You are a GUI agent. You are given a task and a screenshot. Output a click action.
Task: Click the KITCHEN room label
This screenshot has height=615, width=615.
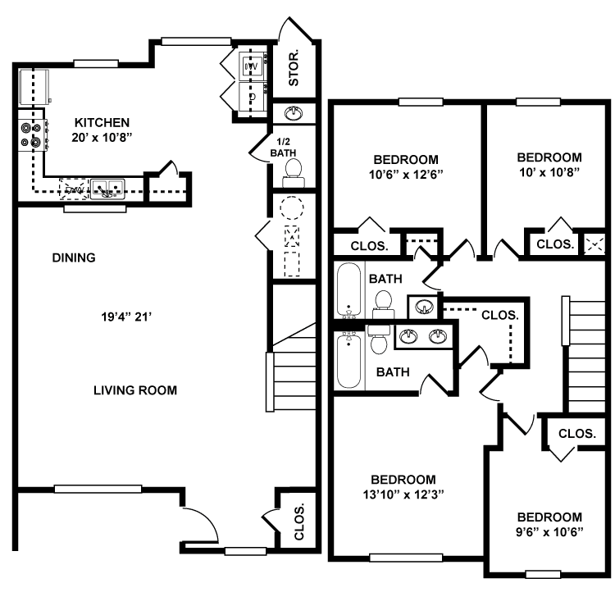pos(102,122)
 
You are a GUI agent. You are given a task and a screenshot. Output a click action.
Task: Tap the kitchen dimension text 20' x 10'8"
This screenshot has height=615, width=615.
pos(102,138)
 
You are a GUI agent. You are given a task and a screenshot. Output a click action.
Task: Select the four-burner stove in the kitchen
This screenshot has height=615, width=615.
pos(34,135)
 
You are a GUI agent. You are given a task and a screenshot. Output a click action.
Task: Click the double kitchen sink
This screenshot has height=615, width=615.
pos(107,189)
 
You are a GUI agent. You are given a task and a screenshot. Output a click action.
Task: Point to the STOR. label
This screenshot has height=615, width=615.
pos(294,68)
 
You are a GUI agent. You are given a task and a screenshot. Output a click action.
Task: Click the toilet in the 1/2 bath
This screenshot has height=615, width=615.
pos(294,174)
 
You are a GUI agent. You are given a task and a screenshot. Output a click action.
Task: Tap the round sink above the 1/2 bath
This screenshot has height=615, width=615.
pos(294,113)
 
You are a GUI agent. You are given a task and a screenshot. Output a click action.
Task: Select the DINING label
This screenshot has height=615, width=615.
pos(74,257)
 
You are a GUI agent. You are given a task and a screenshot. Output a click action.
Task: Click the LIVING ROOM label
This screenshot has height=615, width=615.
pos(135,390)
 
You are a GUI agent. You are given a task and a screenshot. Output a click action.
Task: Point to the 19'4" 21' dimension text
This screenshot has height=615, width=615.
pos(126,317)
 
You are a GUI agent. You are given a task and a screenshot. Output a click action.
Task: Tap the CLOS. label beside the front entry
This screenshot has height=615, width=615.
pos(298,522)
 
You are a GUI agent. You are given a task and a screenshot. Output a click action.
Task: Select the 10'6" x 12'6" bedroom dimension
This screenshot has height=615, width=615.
pos(406,174)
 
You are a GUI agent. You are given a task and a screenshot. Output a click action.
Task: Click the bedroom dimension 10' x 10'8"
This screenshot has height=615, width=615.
pos(549,172)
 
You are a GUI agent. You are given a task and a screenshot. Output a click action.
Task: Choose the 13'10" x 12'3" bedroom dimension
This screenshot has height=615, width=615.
pos(403,494)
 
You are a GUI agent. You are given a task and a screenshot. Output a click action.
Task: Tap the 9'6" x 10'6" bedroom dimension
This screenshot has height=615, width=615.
pos(549,532)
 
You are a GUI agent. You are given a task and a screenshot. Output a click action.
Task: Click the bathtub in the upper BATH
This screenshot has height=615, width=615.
pos(348,289)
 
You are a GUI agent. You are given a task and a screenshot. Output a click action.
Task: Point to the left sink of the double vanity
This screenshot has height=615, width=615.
pos(408,336)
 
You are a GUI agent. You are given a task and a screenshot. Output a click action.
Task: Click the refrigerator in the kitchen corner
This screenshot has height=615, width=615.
pos(34,88)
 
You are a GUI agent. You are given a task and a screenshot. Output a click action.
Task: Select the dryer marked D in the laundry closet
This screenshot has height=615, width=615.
pos(253,97)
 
